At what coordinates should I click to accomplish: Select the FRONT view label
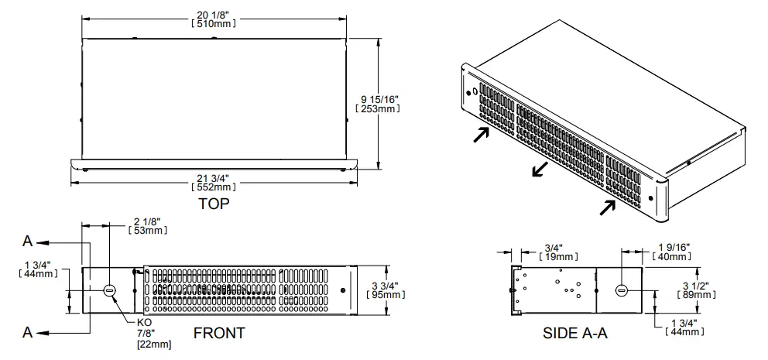click(x=220, y=333)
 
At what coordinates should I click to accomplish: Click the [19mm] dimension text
click(x=557, y=256)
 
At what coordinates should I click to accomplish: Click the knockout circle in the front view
click(x=109, y=290)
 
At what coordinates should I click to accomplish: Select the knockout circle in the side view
click(x=621, y=290)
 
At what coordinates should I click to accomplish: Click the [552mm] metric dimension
click(x=213, y=187)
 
